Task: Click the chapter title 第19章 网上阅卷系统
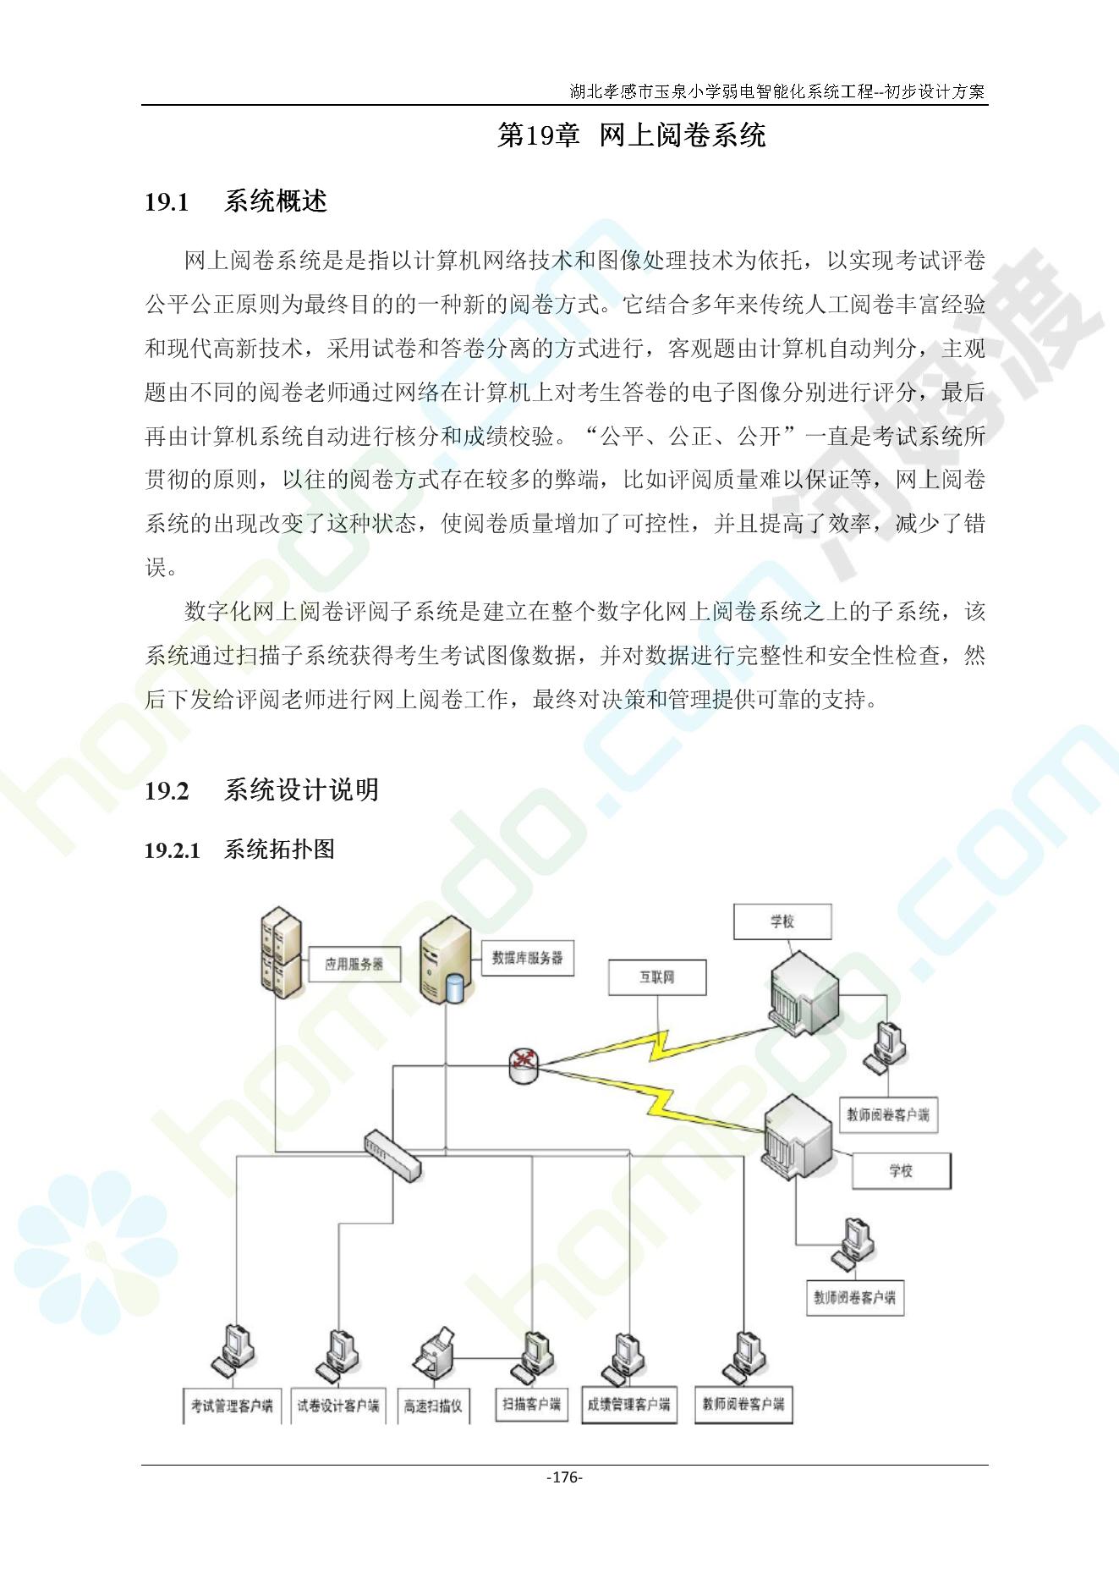631,135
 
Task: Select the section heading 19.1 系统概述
236,201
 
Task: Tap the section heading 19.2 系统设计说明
261,790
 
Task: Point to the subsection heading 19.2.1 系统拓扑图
239,850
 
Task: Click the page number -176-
564,1477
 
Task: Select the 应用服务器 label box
354,964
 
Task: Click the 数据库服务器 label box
527,958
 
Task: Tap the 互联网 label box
656,977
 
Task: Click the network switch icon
392,1155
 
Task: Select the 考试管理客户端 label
231,1406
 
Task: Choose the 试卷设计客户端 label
337,1406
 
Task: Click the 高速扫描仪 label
433,1406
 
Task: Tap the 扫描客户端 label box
531,1405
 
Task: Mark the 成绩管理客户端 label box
628,1405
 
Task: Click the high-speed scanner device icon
435,1355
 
